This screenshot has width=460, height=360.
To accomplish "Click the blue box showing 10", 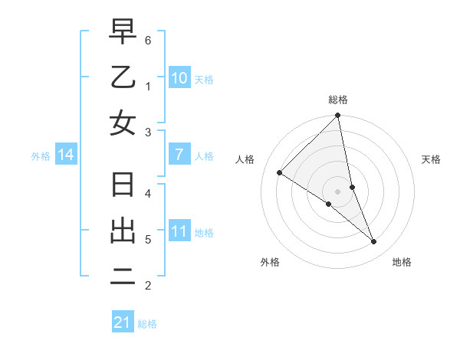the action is pos(179,77).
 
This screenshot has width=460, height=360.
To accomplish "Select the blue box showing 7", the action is pos(179,155).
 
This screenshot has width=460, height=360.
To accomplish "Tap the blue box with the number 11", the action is pos(179,231).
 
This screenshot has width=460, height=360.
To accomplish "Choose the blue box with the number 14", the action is pos(66,155).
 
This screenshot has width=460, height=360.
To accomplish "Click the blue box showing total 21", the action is pos(123,322).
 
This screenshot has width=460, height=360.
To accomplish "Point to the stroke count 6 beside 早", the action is pos(148,40).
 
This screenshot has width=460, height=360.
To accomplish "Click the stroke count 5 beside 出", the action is pos(148,239).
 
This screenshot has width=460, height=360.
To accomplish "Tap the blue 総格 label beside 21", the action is pos(147,324).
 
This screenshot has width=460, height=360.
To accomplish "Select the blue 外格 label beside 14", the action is pos(41,156).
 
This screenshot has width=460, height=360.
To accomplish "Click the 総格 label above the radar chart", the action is pos(338,100).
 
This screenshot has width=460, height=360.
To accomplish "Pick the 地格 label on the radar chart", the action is pos(402,262).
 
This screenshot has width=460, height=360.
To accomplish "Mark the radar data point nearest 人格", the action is pos(280,173).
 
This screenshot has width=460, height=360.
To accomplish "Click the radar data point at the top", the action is pos(338,116).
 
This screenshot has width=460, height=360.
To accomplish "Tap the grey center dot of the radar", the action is pos(338,191).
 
